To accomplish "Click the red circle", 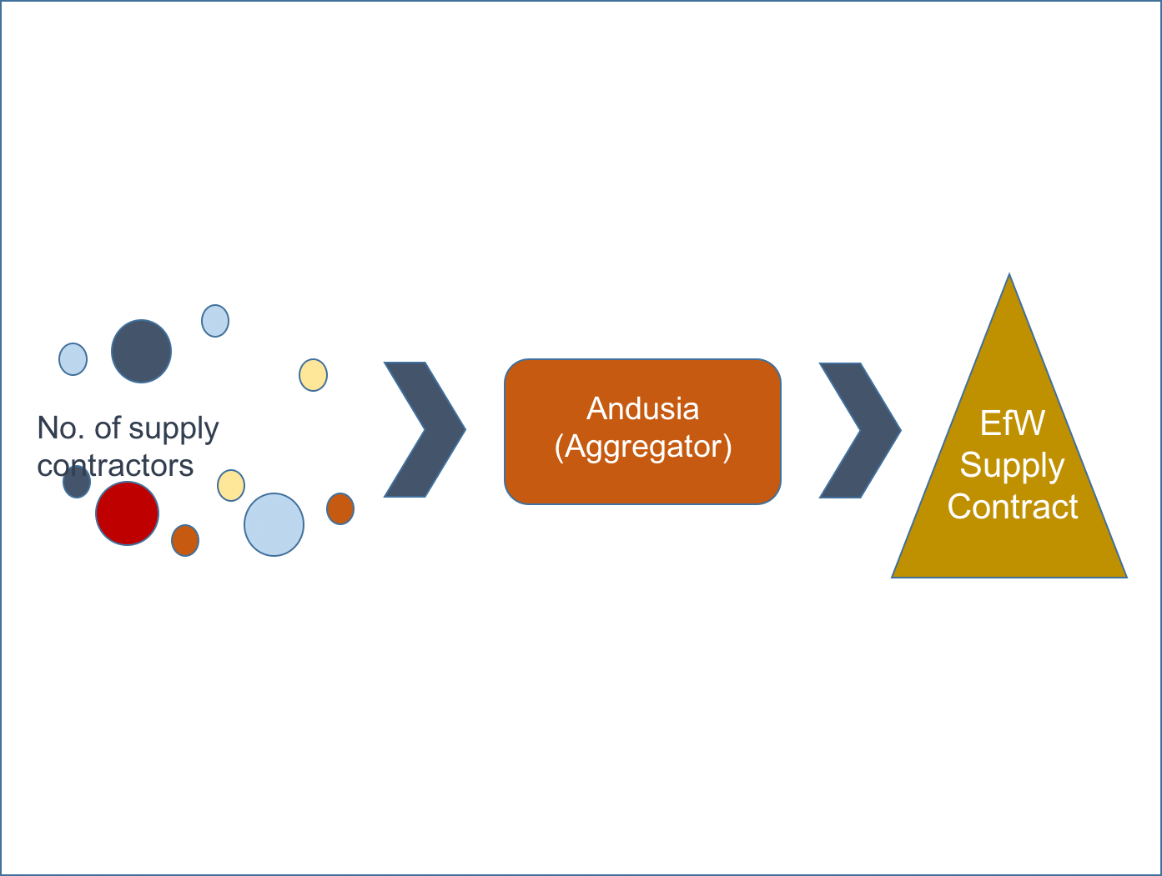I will point(127,513).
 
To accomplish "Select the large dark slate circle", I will point(141,351).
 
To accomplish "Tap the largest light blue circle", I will point(274,524).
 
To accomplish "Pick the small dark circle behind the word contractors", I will point(77,483).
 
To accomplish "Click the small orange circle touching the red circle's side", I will point(185,540).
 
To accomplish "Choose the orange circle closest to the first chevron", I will point(340,508).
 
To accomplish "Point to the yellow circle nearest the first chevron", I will point(313,375).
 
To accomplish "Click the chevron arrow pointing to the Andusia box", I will point(425,430).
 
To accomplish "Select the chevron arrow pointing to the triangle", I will point(860,430).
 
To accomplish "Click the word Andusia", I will point(642,408).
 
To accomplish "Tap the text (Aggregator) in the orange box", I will point(642,447).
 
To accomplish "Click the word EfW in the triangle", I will point(1012,423).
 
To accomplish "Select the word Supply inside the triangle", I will point(1012,465).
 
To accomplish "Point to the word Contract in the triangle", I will point(1012,507).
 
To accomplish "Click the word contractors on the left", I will point(115,466).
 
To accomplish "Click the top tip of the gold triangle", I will point(1009,280).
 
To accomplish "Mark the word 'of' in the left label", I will point(107,428).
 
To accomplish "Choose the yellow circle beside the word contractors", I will point(231,485).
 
